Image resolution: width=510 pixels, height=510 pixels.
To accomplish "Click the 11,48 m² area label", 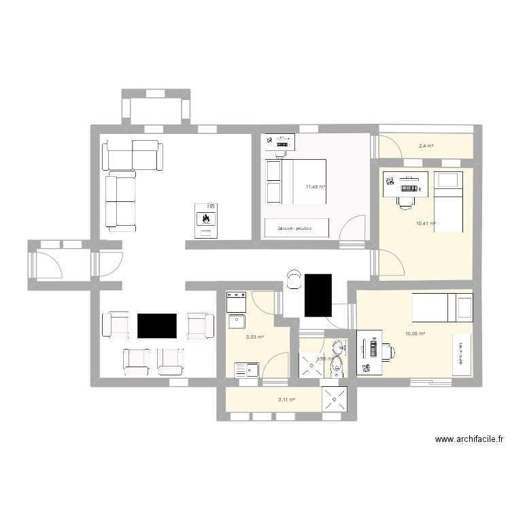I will (x=315, y=187).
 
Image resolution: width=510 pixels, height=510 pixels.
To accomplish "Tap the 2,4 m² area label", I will (x=426, y=146).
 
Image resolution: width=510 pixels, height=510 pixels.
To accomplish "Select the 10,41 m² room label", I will (x=426, y=223).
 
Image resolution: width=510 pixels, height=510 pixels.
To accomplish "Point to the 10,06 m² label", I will (x=415, y=333).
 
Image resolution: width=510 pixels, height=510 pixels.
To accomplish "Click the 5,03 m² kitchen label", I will (x=255, y=336).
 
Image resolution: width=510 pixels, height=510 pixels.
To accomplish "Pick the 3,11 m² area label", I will (x=286, y=400).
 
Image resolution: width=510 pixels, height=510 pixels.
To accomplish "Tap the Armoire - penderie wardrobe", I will (x=299, y=228).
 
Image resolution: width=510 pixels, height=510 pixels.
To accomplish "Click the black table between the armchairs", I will (x=157, y=326).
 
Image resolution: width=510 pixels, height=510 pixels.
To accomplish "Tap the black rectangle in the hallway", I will (x=318, y=294).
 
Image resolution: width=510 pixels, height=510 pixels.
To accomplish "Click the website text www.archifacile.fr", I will (x=469, y=440).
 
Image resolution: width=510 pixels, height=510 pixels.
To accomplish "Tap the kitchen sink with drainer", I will (x=246, y=370).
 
